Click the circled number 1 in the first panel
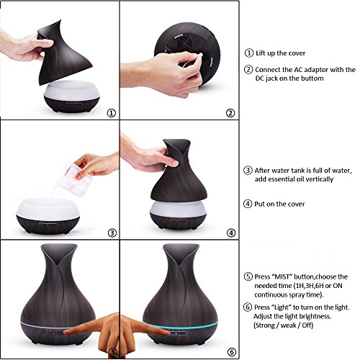tap(110, 112)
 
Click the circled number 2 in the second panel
tap(230, 112)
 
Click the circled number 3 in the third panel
tap(110, 233)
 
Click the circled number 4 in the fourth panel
tap(230, 233)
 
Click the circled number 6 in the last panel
tap(230, 352)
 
